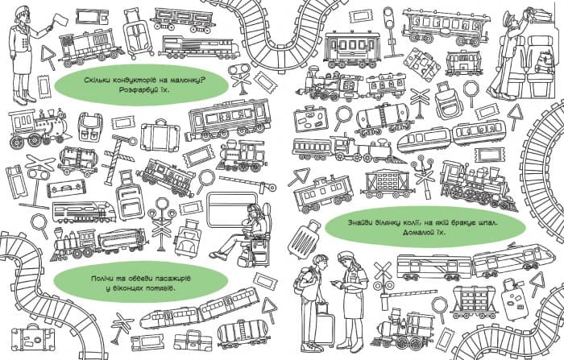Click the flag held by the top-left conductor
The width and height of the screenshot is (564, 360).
tap(60, 19)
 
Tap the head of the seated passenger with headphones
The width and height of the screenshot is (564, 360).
tap(253, 212)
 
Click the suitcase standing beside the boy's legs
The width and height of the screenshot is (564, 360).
tap(325, 325)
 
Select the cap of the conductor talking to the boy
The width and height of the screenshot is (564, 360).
tap(346, 255)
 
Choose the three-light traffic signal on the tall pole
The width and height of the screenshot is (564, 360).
tap(388, 18)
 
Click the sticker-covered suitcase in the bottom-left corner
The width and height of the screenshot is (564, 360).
tap(32, 337)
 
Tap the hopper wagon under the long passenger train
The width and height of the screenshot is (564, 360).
tap(475, 300)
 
